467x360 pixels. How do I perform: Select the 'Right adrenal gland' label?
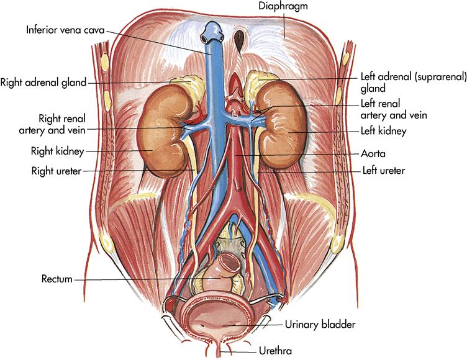pos(43,81)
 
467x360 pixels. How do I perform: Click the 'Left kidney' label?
pos(383,131)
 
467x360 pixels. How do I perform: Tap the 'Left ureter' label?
pos(383,169)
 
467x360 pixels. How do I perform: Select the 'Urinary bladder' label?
pos(320,323)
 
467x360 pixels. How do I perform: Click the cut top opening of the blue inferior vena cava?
pos(213,27)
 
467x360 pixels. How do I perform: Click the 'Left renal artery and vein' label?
pos(394,109)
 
